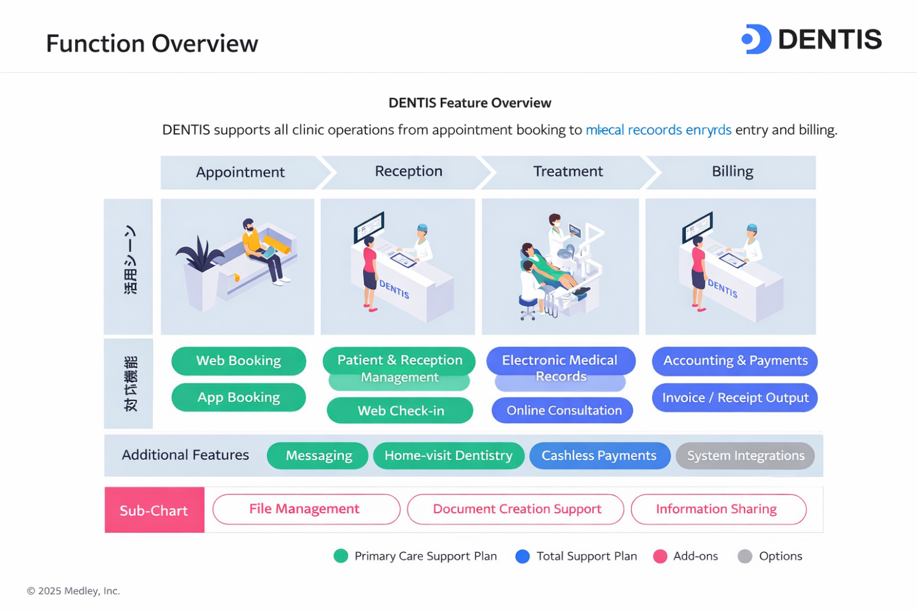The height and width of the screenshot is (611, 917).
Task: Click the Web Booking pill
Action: click(238, 361)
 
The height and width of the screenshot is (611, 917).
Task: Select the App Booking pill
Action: click(238, 398)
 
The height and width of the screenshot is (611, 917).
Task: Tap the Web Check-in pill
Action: click(400, 411)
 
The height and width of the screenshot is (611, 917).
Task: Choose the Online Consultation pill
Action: click(563, 411)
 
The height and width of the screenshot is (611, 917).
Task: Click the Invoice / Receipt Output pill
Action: click(735, 398)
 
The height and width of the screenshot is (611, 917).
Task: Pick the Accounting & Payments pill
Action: click(735, 361)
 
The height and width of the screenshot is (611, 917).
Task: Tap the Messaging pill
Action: click(318, 456)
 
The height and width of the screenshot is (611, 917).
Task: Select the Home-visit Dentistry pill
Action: click(449, 456)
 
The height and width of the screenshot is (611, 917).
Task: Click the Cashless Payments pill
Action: click(599, 456)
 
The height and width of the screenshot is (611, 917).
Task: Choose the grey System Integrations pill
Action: click(745, 456)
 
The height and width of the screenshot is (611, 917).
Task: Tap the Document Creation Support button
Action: click(516, 509)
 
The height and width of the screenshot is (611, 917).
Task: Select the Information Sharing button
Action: click(718, 509)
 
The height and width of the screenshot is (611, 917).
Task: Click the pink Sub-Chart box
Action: click(154, 510)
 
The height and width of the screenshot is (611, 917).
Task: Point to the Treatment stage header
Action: click(568, 172)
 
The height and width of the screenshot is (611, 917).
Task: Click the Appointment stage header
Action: click(240, 172)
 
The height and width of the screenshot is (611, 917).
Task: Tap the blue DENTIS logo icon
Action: click(756, 39)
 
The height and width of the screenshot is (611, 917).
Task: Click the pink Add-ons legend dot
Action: click(660, 556)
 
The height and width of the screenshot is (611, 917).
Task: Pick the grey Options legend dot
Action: click(745, 556)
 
